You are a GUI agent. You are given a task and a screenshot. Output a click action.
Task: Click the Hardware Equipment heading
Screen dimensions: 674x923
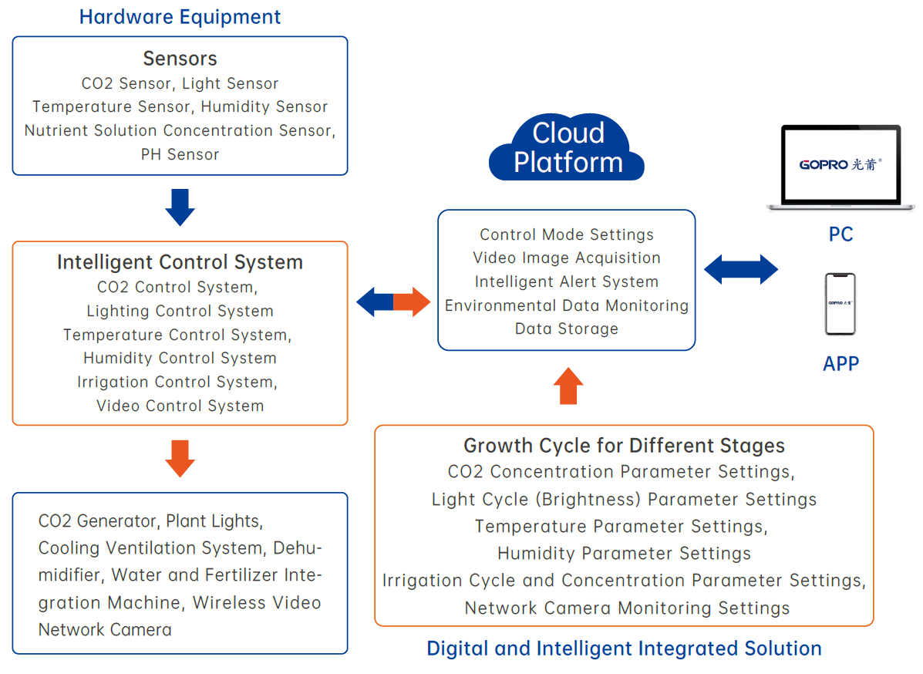pyautogui.click(x=180, y=17)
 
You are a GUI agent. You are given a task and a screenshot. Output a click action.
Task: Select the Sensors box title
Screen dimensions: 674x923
pyautogui.click(x=180, y=59)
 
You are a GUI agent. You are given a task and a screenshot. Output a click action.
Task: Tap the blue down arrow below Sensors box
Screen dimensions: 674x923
pyautogui.click(x=180, y=207)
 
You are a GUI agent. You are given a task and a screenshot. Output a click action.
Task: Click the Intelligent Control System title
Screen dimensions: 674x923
pyautogui.click(x=180, y=262)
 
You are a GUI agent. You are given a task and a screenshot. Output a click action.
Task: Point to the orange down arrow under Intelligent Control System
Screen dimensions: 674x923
pyautogui.click(x=180, y=458)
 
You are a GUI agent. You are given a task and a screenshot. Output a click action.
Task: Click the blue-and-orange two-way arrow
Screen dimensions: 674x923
pyautogui.click(x=393, y=302)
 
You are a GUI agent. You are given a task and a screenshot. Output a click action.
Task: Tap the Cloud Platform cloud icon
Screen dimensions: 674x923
pyautogui.click(x=568, y=147)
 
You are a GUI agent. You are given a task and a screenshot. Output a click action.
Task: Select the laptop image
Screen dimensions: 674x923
pyautogui.click(x=840, y=166)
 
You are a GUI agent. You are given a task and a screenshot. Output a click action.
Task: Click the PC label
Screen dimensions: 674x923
pyautogui.click(x=840, y=234)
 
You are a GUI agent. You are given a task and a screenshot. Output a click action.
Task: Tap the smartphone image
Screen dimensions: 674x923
pyautogui.click(x=840, y=304)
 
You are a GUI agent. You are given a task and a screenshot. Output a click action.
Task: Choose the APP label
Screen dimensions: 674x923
pyautogui.click(x=840, y=363)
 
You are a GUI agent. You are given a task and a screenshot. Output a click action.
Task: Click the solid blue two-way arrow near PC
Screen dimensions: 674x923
pyautogui.click(x=741, y=270)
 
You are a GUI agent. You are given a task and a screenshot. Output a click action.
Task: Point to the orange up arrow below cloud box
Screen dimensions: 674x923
pyautogui.click(x=568, y=386)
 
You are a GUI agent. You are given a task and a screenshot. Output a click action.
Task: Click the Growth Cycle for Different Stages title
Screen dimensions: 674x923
pyautogui.click(x=624, y=446)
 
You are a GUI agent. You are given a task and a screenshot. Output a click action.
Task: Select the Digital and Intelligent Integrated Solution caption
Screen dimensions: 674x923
pyautogui.click(x=624, y=649)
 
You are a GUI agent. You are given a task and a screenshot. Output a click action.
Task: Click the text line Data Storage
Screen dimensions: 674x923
pyautogui.click(x=567, y=329)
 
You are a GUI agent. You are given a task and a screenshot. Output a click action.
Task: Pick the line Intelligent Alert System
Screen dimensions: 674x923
pyautogui.click(x=567, y=281)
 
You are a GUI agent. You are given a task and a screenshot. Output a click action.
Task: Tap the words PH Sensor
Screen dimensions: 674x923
pyautogui.click(x=180, y=154)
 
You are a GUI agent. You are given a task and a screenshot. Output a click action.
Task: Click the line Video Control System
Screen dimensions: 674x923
pyautogui.click(x=180, y=406)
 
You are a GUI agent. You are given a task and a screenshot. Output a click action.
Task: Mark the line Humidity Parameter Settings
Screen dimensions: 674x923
pyautogui.click(x=624, y=554)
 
